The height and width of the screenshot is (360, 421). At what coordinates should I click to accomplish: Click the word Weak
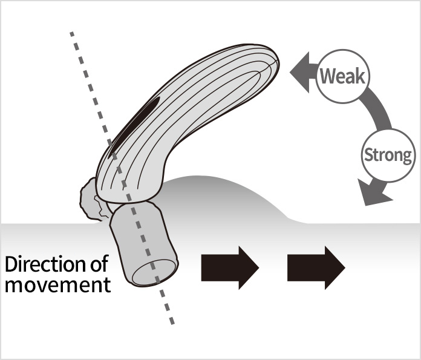342,77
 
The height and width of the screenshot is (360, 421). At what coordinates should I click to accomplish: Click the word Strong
388,155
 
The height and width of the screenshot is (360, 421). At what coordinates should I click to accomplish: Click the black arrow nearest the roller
229,267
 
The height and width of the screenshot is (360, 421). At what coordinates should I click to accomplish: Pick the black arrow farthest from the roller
316,267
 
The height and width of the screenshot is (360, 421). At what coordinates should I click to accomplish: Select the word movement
57,285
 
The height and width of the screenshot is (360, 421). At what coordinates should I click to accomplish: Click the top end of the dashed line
72,33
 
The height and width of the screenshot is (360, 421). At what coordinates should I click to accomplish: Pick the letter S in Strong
367,155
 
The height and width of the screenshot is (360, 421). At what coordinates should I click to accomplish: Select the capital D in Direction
11,265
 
